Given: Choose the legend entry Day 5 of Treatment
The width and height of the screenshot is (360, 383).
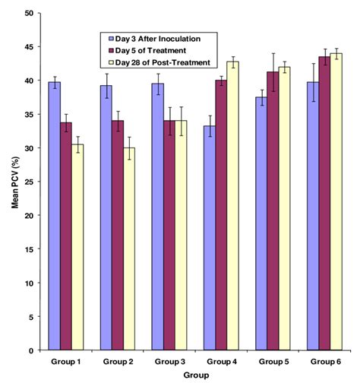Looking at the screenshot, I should tap(152, 50).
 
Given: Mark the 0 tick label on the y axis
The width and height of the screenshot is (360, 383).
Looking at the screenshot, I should tap(30, 351).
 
